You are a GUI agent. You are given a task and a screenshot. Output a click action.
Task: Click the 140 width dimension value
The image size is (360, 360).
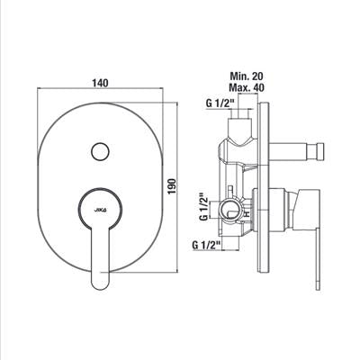point(101,83)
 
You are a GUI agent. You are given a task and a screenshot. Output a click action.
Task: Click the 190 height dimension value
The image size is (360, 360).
point(172,186)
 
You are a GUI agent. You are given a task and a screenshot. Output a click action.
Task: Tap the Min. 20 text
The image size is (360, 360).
point(247,76)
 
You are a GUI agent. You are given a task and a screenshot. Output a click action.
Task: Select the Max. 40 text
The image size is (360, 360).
point(247,88)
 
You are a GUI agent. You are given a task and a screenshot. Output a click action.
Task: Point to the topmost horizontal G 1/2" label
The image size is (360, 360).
point(220,103)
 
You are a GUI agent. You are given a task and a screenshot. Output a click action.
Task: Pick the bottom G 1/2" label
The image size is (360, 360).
point(206,245)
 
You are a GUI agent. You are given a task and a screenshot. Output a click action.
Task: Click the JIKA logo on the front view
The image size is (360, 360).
point(100,210)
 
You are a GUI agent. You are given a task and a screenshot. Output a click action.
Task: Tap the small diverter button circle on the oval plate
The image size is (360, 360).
point(100,152)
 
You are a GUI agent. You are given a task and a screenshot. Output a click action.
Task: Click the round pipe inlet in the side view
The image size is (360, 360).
point(229,210)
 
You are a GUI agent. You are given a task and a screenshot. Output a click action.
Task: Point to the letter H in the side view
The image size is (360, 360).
point(247,214)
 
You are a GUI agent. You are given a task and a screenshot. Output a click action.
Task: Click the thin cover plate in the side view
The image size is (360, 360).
point(264,187)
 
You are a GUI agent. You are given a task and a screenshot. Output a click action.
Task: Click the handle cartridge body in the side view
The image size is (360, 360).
point(281,210)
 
